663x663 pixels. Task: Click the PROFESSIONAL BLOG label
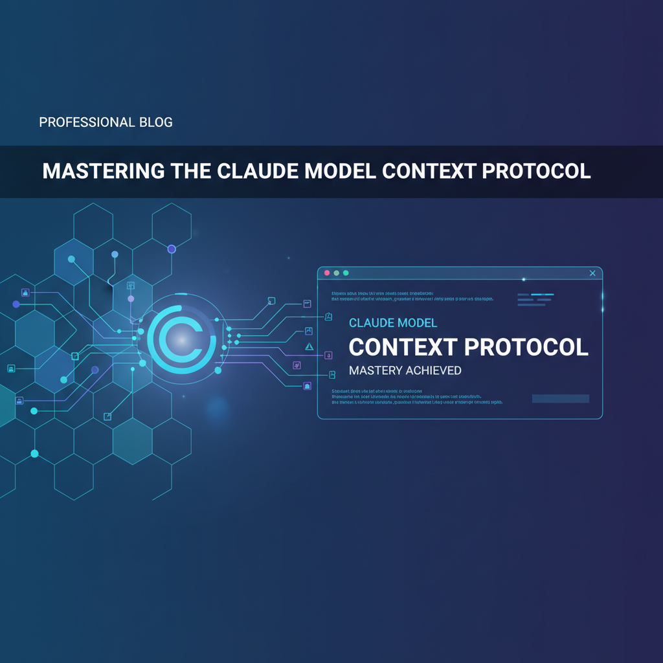pos(106,122)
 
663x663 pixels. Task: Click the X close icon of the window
pos(592,273)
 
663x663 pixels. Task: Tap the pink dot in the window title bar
pos(327,273)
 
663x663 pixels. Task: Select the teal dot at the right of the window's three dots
pos(346,273)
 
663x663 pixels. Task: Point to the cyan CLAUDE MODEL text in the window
pos(393,322)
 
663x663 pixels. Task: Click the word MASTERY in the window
pos(374,371)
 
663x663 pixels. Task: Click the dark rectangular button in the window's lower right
pos(560,399)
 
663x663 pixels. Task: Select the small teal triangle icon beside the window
pos(309,347)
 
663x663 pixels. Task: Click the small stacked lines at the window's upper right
pos(534,299)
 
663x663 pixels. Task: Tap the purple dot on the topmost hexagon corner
pos(172,249)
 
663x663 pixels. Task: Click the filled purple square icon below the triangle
pos(307,386)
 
